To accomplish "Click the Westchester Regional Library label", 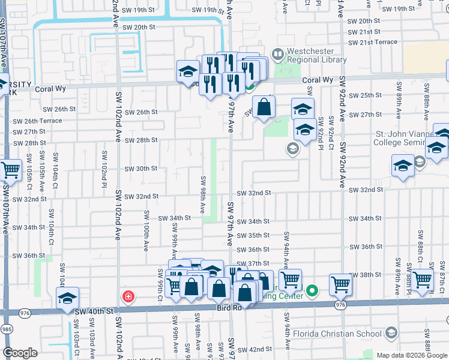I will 316,55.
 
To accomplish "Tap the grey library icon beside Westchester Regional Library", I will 277,55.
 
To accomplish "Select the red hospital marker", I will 127,296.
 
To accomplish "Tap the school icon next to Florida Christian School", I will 391,332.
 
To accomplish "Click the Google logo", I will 20,353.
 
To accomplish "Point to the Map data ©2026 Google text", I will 412,355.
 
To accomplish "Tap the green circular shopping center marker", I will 312,292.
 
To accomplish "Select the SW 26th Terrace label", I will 37,121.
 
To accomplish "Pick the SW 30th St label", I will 140,169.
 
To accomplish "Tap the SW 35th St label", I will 253,236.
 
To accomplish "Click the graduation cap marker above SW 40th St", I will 67,298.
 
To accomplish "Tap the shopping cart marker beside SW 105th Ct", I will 10,171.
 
